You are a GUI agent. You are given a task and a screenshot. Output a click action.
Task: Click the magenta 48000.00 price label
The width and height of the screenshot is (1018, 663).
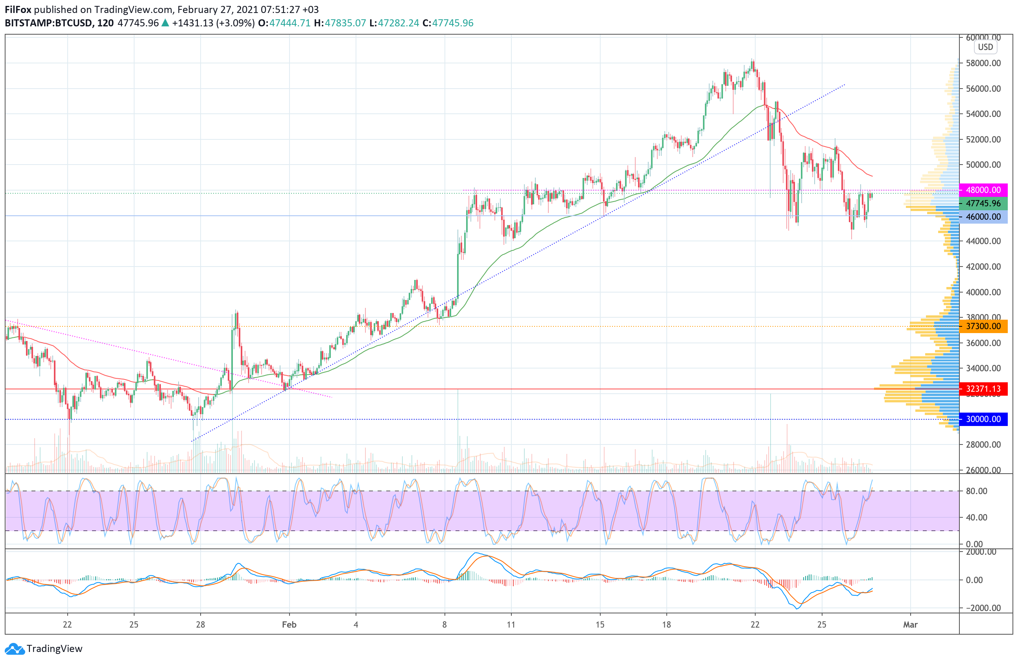pos(983,190)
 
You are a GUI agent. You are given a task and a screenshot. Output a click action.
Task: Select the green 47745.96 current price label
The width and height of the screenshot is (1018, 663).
pos(983,203)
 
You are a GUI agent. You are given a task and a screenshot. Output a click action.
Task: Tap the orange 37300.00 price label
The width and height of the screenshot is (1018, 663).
pos(983,326)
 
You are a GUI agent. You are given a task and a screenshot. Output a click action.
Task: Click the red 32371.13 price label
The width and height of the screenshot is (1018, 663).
pos(983,389)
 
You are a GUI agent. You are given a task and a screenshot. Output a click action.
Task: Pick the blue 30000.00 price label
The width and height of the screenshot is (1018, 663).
pos(983,419)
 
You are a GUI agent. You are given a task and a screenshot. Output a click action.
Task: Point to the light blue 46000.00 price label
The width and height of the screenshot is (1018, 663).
pos(983,217)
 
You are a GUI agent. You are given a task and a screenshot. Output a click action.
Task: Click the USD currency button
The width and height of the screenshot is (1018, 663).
pos(985,47)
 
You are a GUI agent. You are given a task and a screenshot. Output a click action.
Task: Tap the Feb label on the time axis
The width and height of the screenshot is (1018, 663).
pos(289,624)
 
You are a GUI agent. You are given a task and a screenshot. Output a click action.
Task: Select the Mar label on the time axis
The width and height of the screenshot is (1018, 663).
pos(910,624)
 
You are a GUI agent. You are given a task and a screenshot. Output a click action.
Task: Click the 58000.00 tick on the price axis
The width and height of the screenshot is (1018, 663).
pos(983,63)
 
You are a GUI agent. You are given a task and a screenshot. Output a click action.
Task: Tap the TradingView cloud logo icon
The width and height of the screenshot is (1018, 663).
pos(15,649)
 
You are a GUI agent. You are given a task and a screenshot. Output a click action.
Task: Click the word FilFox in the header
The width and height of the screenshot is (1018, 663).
pos(18,9)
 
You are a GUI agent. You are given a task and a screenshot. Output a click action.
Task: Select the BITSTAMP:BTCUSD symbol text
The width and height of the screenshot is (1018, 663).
pos(49,23)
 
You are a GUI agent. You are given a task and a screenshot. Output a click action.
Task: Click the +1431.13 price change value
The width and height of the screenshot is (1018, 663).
pos(192,23)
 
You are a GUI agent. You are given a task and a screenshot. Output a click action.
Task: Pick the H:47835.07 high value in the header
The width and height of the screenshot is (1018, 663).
pos(340,23)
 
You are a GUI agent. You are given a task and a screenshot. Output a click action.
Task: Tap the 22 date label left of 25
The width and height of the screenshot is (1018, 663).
pos(67,624)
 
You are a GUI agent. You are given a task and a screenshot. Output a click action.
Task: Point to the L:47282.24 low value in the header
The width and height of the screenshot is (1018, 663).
pos(394,23)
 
